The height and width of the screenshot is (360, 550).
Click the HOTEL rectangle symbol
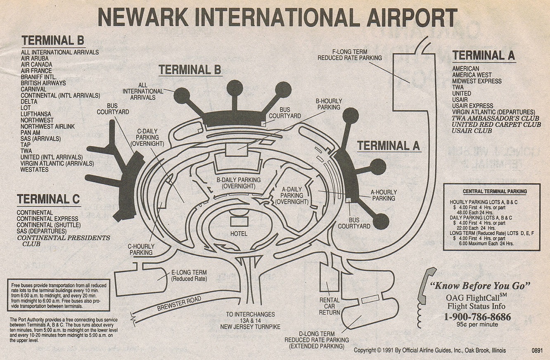point(239,222)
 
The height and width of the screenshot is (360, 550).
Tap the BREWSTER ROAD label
point(179,303)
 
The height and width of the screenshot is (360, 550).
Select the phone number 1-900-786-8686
point(477,317)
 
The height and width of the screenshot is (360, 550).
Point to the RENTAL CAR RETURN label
point(329,306)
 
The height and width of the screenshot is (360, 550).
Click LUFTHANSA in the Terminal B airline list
point(36,114)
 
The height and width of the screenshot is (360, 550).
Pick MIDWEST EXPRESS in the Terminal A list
point(477,81)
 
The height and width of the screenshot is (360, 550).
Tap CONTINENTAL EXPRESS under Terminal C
point(47,219)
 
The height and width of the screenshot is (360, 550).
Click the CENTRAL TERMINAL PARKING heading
point(495,192)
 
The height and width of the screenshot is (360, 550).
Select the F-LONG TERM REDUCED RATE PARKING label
point(350,55)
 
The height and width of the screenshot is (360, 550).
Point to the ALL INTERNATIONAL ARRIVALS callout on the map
point(142,91)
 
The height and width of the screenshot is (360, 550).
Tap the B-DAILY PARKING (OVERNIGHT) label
point(238,183)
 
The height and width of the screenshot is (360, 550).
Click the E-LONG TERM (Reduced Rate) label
point(189,276)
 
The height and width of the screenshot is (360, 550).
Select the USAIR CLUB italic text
point(472,131)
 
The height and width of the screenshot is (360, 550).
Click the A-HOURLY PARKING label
point(384,195)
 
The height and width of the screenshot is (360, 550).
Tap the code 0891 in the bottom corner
point(537,351)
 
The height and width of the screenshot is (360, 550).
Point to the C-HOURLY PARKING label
point(141,249)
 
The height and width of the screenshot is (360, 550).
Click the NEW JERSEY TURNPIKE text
point(250,327)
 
